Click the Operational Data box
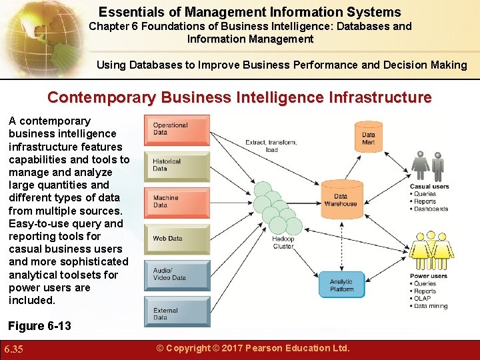pos(177,129)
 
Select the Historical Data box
pos(177,165)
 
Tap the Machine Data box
pos(177,202)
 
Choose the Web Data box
pos(177,238)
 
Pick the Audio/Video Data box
pos(177,274)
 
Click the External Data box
pos(177,313)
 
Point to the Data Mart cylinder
pos(368,137)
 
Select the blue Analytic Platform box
pos(341,285)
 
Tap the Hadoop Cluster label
pos(283,243)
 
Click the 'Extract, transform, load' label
pos(271,145)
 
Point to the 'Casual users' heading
pos(429,187)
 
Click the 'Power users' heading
pos(428,276)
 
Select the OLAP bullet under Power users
pos(422,299)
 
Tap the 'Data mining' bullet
pos(430,307)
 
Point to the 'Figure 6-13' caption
pos(39,326)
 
